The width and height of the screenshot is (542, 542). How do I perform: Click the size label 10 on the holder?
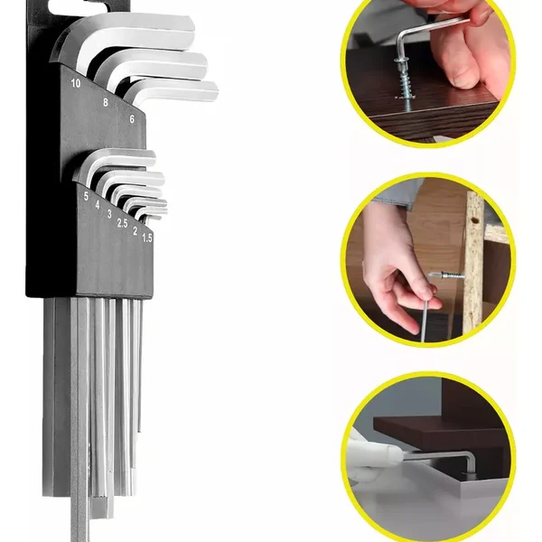[76, 83]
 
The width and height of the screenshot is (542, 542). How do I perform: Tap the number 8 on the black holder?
[106, 102]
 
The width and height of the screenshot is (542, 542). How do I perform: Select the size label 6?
[132, 119]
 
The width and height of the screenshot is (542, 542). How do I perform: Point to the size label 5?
[86, 196]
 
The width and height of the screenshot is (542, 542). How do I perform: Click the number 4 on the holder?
[98, 205]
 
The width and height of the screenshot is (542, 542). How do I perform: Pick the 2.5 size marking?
[122, 223]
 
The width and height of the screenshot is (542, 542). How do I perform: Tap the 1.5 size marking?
[147, 238]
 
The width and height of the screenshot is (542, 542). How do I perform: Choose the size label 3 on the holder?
[109, 214]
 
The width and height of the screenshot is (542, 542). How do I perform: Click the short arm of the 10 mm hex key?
[138, 25]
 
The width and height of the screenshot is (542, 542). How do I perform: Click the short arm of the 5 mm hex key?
[117, 158]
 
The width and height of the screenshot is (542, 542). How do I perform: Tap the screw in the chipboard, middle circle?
[447, 276]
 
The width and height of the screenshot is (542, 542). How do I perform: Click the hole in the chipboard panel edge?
[476, 220]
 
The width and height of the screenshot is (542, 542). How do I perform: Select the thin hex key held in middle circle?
[425, 321]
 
